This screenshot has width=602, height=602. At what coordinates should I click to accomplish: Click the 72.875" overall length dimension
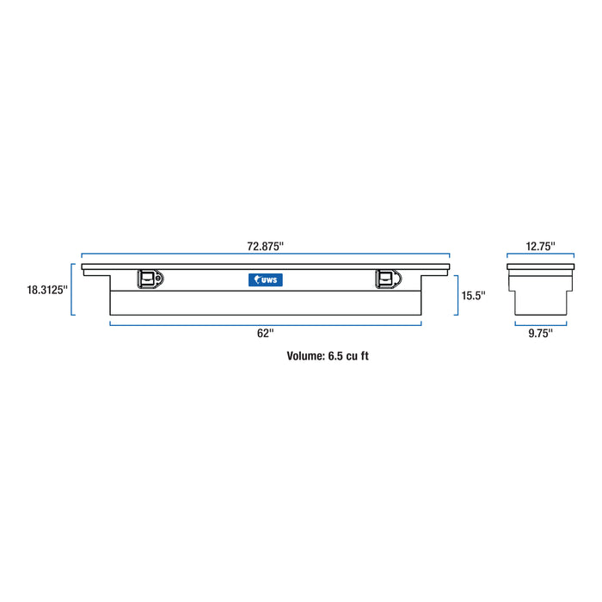point(265,246)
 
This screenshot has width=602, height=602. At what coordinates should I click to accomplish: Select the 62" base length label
point(265,334)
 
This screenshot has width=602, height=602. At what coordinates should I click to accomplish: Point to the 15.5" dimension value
point(473,296)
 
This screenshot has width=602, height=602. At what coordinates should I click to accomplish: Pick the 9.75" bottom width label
point(541,334)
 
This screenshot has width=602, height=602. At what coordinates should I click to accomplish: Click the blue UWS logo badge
point(265,279)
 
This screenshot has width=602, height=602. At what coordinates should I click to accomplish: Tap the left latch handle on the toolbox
point(147,278)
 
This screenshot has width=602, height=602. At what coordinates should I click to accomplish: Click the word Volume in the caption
point(305,354)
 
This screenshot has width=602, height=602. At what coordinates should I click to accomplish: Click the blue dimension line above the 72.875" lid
point(265,255)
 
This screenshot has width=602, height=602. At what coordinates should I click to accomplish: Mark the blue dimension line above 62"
point(265,323)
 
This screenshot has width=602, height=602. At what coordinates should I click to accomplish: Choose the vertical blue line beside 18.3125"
point(73,290)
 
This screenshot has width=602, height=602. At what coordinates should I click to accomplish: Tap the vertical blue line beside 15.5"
point(455,295)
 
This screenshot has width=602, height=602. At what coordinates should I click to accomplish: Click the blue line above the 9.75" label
point(541,323)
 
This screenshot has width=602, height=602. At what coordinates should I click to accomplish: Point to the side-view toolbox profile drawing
point(541,291)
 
